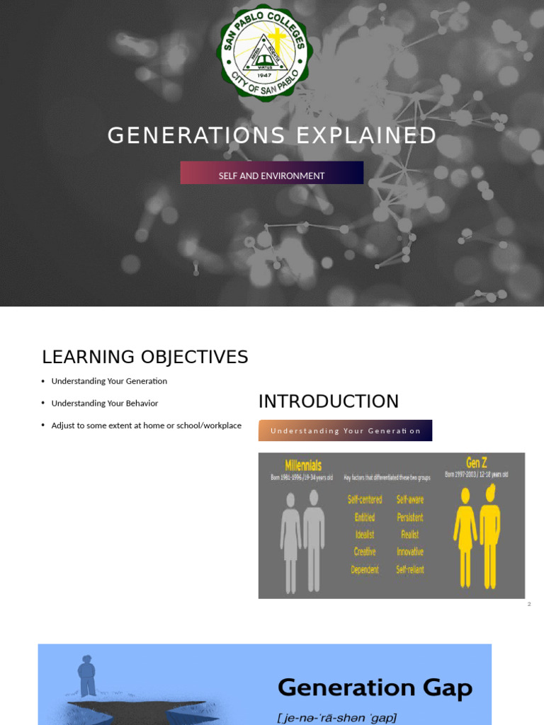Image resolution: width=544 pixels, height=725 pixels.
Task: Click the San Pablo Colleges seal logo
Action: point(264,53)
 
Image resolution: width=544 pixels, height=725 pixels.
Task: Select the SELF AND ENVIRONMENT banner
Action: point(271,173)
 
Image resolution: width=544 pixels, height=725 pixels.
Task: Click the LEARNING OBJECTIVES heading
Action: point(145,357)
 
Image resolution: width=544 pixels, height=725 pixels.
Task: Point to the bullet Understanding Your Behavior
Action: point(105,404)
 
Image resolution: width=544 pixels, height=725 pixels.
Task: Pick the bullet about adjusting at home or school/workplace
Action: point(146,426)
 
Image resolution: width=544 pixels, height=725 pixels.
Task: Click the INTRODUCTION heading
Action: point(329,401)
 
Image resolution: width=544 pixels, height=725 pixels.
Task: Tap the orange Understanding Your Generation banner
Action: point(345,430)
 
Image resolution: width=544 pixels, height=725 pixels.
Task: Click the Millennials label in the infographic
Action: point(303,465)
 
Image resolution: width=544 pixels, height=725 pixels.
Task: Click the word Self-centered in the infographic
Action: point(365,499)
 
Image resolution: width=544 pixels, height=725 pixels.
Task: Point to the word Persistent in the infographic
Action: point(410,517)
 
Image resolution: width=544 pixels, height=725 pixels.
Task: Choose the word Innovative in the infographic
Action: point(410,552)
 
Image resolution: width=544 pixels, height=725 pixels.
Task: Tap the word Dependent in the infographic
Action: point(365,569)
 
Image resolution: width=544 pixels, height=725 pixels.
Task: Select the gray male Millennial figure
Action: point(314,540)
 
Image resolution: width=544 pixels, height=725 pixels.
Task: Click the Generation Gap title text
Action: point(375,687)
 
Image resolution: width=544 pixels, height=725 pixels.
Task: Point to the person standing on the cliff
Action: point(87,675)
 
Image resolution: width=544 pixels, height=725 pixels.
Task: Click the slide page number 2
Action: point(528,604)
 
